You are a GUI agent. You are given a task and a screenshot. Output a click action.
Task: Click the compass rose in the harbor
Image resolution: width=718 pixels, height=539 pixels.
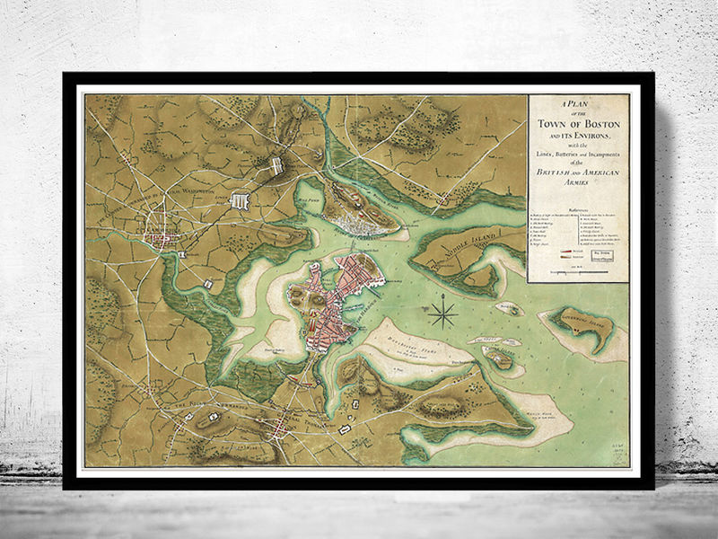click(442, 314)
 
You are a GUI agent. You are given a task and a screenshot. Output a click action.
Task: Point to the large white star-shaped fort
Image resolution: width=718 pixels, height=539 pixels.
click(241, 202)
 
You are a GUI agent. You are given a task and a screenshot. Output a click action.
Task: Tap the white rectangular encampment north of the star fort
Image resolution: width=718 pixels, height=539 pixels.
click(277, 166)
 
